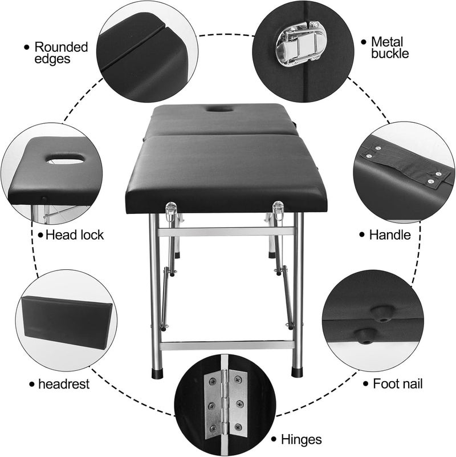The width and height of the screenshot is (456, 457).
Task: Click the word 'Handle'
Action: coord(390,234)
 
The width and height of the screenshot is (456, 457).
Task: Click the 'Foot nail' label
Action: coord(398,384)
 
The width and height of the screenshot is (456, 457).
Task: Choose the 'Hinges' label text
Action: coord(302,439)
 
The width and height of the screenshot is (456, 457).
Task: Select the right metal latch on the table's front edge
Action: coord(278,211)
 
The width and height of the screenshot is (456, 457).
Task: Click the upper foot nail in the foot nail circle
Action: coord(377,311)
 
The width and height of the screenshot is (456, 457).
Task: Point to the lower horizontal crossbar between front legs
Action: coord(227,346)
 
